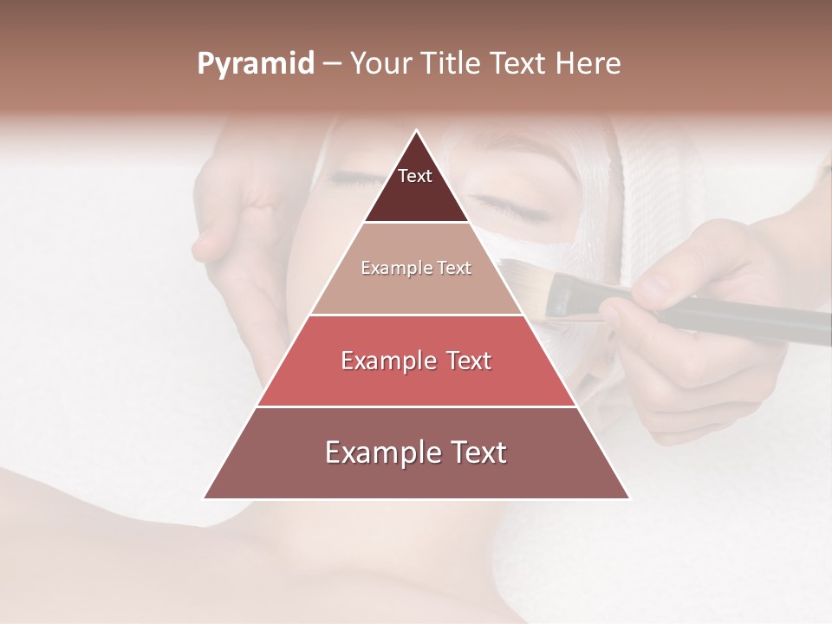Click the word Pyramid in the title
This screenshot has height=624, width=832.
(256, 64)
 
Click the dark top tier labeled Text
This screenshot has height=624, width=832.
(416, 186)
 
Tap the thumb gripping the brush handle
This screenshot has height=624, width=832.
(659, 286)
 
